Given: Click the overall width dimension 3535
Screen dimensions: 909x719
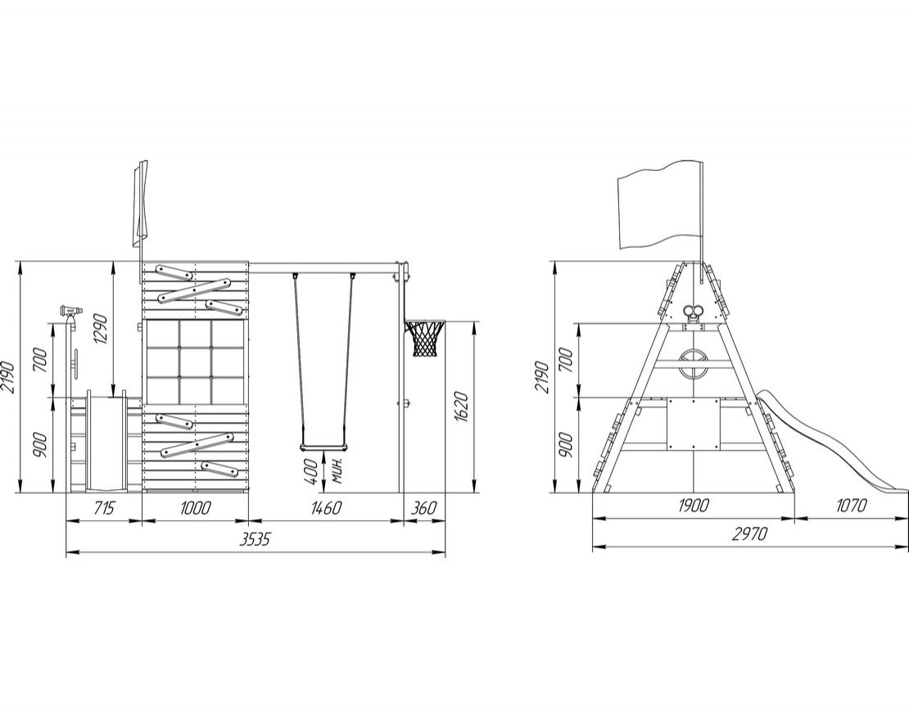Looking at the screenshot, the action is pyautogui.click(x=256, y=540).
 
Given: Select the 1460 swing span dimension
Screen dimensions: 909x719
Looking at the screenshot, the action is pyautogui.click(x=327, y=508).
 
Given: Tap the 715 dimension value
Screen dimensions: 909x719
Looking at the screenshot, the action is pyautogui.click(x=104, y=508).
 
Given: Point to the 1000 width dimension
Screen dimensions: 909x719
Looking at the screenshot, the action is pyautogui.click(x=196, y=508).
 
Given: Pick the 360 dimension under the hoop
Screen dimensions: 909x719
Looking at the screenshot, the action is pyautogui.click(x=423, y=508).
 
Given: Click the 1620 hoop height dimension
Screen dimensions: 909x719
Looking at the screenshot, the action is pyautogui.click(x=461, y=407).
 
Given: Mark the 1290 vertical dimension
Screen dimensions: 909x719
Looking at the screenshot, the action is pyautogui.click(x=99, y=329).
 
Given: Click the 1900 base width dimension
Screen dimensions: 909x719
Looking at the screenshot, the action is pyautogui.click(x=694, y=506).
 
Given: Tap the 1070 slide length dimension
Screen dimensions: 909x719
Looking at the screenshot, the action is pyautogui.click(x=851, y=506).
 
